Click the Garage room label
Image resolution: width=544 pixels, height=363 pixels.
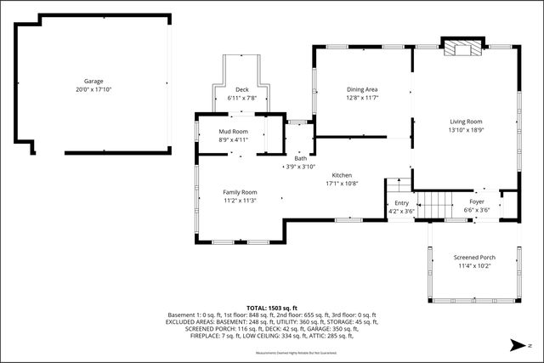pyautogui.click(x=93, y=82)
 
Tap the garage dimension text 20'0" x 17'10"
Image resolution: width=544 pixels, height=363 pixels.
pyautogui.click(x=93, y=89)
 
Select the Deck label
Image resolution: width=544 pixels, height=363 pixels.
pyautogui.click(x=242, y=89)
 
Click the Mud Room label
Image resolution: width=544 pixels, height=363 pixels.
pyautogui.click(x=233, y=132)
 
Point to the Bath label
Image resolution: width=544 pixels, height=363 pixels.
pyautogui.click(x=301, y=158)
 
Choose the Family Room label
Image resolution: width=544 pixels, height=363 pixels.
pyautogui.click(x=240, y=192)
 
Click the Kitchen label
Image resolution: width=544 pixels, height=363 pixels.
pyautogui.click(x=342, y=174)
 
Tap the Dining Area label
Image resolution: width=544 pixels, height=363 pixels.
pyautogui.click(x=362, y=89)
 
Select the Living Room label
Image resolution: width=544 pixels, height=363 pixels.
pyautogui.click(x=466, y=122)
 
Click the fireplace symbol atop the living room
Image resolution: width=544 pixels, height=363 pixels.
pyautogui.click(x=463, y=48)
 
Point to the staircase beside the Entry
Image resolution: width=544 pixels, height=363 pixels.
pyautogui.click(x=435, y=205)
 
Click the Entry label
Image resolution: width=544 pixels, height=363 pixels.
pyautogui.click(x=401, y=203)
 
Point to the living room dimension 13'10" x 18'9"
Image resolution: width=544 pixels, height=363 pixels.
pyautogui.click(x=466, y=130)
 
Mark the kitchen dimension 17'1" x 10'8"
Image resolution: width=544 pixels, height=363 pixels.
pyautogui.click(x=342, y=183)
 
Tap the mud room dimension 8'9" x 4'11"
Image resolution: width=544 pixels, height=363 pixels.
pyautogui.click(x=233, y=140)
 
